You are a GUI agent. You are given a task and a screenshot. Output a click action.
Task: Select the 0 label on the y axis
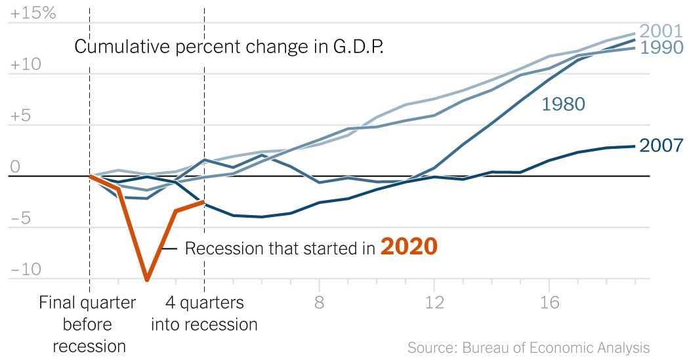14,167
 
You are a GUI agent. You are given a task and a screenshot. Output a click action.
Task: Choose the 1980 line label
563,104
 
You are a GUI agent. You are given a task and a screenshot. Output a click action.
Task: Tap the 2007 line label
661,145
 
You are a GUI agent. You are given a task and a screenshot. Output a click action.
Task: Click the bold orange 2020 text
408,247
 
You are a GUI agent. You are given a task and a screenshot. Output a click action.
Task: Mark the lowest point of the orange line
147,280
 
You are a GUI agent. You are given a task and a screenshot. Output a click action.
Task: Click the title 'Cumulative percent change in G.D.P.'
229,47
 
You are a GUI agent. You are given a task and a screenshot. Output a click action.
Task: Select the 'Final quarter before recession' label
88,324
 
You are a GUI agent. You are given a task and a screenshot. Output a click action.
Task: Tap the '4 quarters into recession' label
204,313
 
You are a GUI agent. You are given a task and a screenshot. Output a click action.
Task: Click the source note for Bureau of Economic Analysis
528,347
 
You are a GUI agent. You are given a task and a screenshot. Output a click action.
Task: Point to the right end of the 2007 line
634,146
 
